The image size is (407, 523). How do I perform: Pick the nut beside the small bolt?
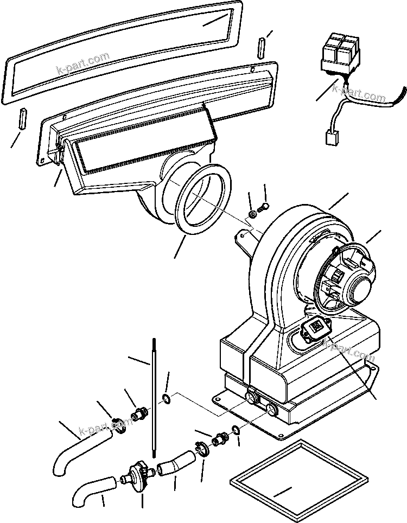pyautogui.click(x=253, y=215)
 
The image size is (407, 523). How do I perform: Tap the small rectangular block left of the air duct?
pyautogui.click(x=23, y=118)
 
